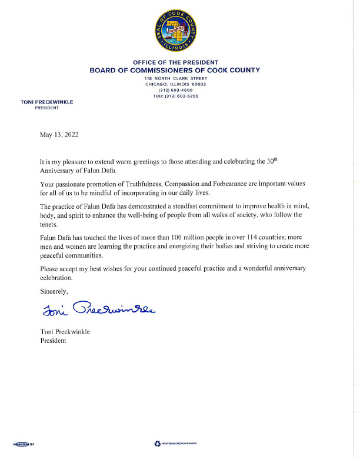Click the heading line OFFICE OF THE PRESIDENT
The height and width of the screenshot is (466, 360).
(175, 62)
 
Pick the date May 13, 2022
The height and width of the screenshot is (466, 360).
(59, 135)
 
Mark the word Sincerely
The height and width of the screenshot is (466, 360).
(54, 291)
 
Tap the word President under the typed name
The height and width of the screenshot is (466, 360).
(53, 341)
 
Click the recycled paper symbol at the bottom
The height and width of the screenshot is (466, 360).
(158, 442)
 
